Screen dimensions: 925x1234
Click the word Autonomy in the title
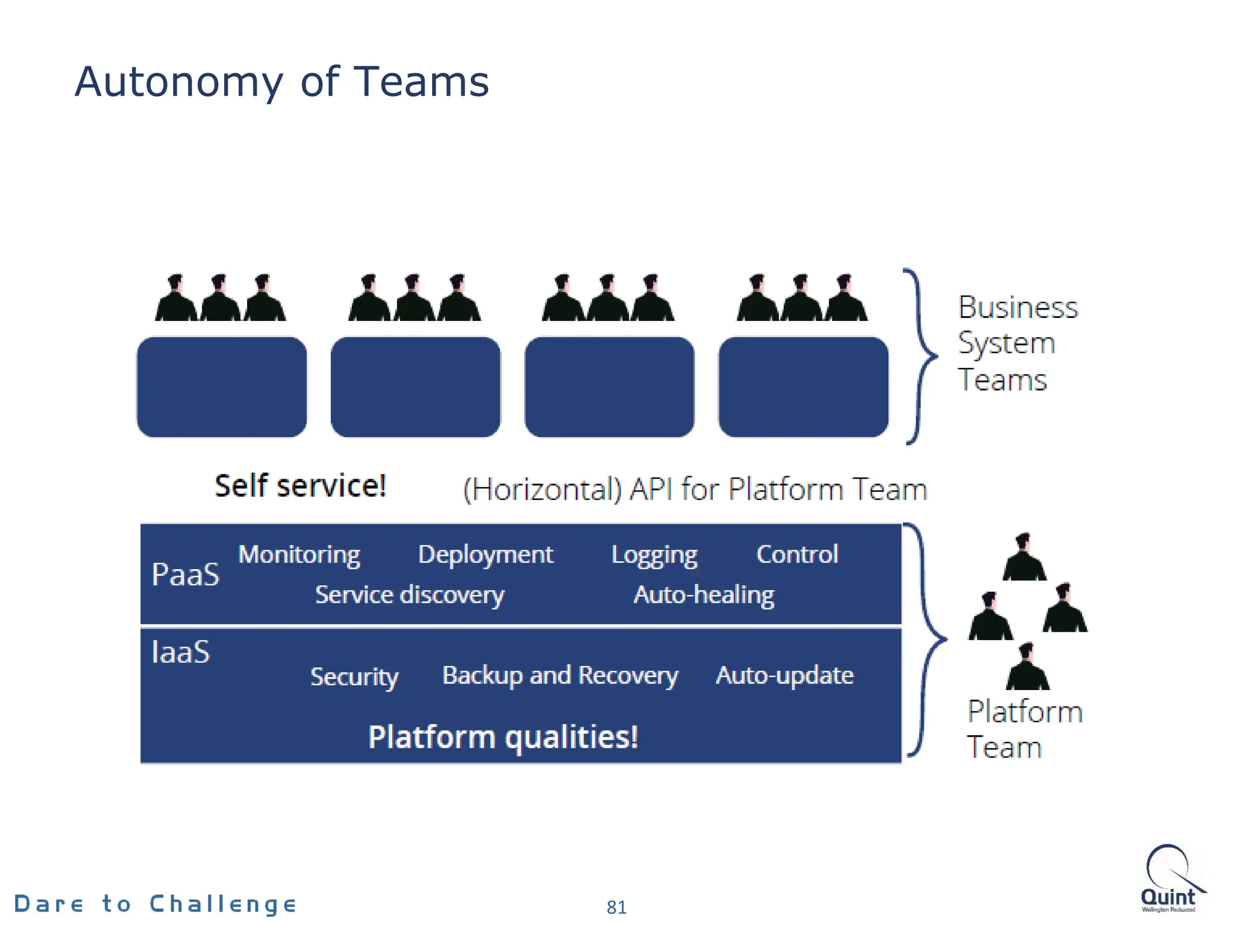[178, 83]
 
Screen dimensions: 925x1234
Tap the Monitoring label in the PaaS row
[299, 554]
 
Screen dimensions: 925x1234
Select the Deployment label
[485, 554]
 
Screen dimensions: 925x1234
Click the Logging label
[654, 555]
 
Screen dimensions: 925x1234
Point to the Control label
[797, 554]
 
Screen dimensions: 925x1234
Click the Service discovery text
[410, 595]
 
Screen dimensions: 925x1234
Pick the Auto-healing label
[704, 595]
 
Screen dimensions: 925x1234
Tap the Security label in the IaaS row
[354, 676]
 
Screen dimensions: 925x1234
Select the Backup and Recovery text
[560, 676]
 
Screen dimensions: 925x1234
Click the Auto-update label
[785, 675]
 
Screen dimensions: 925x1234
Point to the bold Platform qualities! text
[503, 737]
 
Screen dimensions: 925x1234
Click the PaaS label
[186, 574]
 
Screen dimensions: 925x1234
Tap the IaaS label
[181, 652]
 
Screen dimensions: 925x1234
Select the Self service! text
[300, 485]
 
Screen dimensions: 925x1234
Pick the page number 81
[616, 907]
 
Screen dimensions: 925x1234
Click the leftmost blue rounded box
[222, 387]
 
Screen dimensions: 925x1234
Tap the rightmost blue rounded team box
[803, 387]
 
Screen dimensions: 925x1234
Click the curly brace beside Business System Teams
[920, 357]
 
